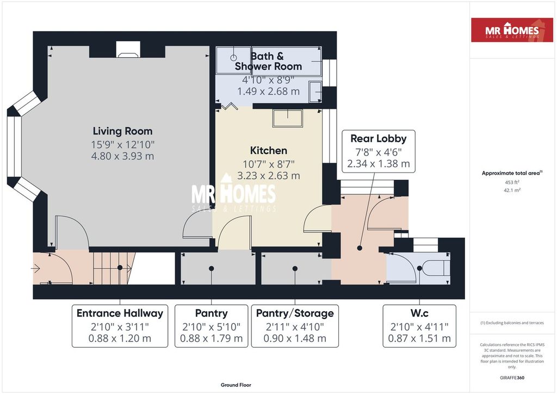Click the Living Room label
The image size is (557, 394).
pyautogui.click(x=122, y=131)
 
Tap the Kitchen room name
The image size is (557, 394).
pyautogui.click(x=269, y=151)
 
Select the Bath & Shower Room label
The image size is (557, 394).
pyautogui.click(x=268, y=61)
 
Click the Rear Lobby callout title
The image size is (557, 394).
pyautogui.click(x=379, y=139)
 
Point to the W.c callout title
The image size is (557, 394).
pyautogui.click(x=419, y=313)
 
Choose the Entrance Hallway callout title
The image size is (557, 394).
pyautogui.click(x=120, y=313)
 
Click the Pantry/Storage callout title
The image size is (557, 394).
pyautogui.click(x=295, y=313)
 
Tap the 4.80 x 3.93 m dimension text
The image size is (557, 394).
pyautogui.click(x=122, y=156)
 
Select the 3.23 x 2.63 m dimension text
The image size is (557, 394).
pyautogui.click(x=269, y=176)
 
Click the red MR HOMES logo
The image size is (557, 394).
pyautogui.click(x=512, y=30)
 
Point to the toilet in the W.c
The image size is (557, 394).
pyautogui.click(x=437, y=268)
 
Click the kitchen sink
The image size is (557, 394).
pyautogui.click(x=287, y=118)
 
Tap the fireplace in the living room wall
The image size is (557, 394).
pyautogui.click(x=128, y=50)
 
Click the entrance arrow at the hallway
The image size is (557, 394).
pyautogui.click(x=35, y=269)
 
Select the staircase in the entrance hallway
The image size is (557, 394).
pyautogui.click(x=114, y=268)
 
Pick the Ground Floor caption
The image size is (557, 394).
pyautogui.click(x=236, y=385)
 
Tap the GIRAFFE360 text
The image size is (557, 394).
pyautogui.click(x=512, y=378)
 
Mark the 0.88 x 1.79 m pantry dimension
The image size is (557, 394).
pyautogui.click(x=212, y=338)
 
